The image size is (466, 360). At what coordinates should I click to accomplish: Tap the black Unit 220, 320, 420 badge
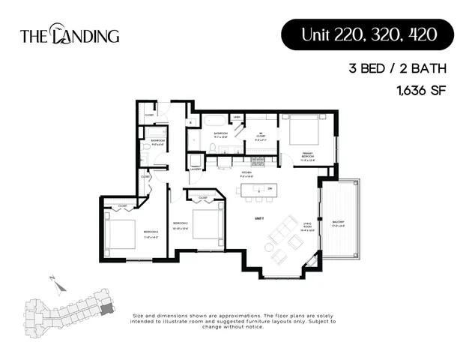(x=367, y=34)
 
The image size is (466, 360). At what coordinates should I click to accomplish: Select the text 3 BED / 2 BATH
(x=399, y=69)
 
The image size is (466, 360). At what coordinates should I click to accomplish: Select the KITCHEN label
(x=246, y=174)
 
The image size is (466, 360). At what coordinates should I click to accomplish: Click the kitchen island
(x=255, y=190)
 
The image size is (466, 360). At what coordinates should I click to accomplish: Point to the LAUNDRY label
(x=196, y=171)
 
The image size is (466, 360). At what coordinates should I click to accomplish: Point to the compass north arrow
(x=55, y=280)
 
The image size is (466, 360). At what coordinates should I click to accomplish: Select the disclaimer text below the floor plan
(x=233, y=321)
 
